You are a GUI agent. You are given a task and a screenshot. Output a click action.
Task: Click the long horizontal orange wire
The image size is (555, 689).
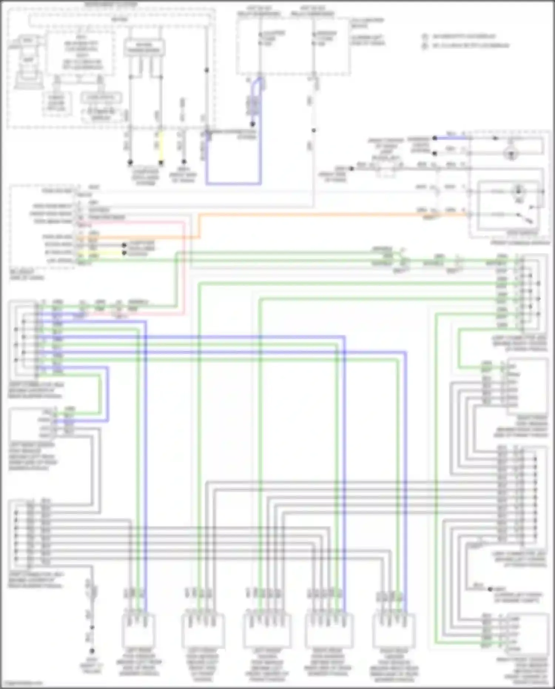(x=314, y=214)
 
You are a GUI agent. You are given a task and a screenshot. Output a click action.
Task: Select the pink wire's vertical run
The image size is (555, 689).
(x=184, y=267)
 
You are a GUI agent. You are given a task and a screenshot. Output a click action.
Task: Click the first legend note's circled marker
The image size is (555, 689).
(x=425, y=37)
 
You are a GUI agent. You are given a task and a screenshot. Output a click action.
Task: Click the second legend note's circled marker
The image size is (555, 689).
(x=425, y=46)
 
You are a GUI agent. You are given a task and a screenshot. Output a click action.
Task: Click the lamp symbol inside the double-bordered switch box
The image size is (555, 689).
(x=518, y=191)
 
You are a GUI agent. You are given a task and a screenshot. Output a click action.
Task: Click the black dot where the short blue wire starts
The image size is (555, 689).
(x=435, y=138)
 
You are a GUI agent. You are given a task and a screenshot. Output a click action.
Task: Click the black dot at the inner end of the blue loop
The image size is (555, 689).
(x=253, y=124)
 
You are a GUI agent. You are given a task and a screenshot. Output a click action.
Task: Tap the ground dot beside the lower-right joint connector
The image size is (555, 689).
(x=490, y=589)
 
